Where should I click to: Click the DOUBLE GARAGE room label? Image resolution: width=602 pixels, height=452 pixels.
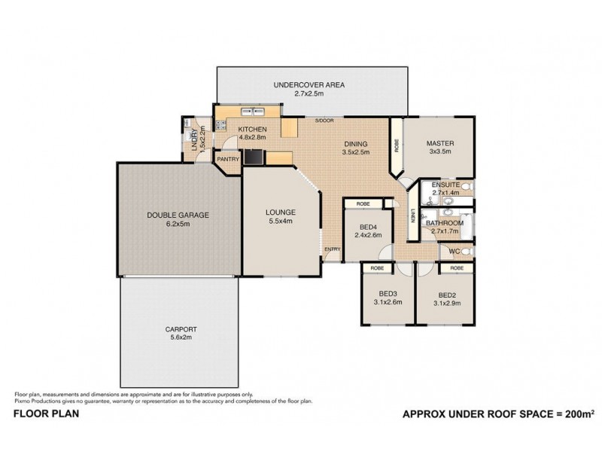(178, 215)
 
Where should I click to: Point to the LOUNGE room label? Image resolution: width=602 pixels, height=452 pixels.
(279, 212)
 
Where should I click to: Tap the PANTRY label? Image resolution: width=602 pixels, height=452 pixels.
(227, 160)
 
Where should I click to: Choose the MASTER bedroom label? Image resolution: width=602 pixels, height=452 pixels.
(439, 143)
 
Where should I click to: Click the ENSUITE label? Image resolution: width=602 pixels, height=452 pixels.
(445, 184)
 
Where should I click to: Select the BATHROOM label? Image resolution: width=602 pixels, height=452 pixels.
(444, 223)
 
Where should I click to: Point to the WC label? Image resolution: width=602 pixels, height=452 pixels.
(455, 251)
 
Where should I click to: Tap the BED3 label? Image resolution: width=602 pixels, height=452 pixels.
(387, 295)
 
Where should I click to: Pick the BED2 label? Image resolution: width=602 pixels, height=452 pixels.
(447, 295)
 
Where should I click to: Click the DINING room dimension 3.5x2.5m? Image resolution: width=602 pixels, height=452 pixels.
(356, 152)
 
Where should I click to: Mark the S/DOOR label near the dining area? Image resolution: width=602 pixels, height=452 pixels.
(324, 121)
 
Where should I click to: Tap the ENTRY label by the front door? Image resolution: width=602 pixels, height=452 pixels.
(331, 249)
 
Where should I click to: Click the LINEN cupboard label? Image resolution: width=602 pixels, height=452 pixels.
(412, 215)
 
